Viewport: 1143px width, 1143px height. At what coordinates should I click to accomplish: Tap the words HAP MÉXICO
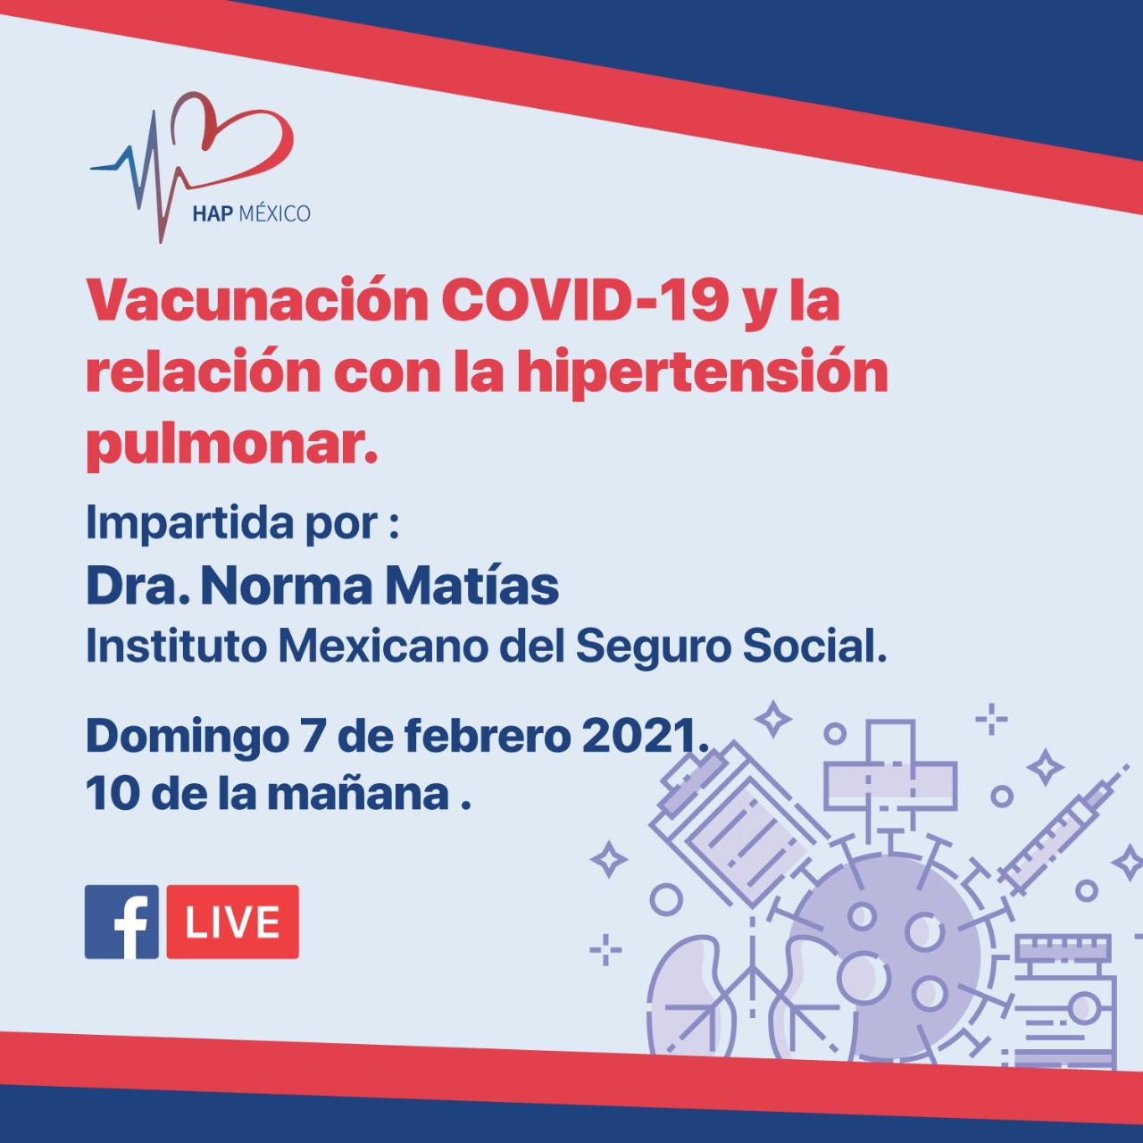[251, 213]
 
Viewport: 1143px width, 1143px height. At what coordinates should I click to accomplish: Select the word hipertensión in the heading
[703, 374]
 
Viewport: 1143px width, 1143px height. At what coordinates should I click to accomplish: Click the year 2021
[644, 736]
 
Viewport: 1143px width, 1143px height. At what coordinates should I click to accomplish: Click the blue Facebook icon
[121, 922]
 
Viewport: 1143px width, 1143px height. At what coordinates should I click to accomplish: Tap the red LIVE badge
[232, 922]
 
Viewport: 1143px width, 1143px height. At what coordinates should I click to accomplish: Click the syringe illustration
[1063, 831]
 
